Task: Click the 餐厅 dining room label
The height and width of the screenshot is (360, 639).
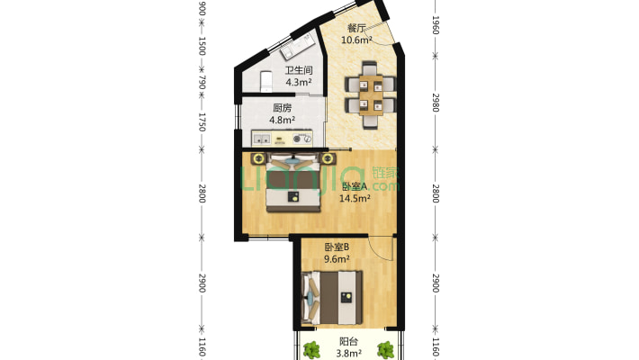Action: tap(356, 28)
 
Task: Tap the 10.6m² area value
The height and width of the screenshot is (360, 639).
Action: tap(356, 40)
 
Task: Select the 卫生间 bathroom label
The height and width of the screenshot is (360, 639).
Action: tap(298, 70)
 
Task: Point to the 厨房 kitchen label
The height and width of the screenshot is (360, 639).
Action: tap(282, 108)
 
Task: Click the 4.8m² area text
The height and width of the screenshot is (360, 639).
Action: tap(283, 121)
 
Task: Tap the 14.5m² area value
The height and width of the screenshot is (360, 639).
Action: tap(355, 199)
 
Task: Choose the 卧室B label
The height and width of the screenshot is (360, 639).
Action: tap(337, 247)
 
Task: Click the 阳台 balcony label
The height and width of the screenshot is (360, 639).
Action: tap(349, 342)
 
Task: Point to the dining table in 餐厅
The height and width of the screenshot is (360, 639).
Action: tap(371, 95)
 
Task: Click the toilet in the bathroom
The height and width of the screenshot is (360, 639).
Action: tap(266, 82)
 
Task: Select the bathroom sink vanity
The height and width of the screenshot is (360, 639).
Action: tap(298, 47)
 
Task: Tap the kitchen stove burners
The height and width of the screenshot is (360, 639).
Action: tap(302, 139)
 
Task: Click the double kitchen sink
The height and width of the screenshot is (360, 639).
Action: tap(261, 139)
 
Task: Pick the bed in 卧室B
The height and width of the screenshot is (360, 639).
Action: tap(332, 298)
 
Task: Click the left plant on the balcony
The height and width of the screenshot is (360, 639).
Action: tap(311, 350)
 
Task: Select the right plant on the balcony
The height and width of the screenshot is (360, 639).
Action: tap(385, 350)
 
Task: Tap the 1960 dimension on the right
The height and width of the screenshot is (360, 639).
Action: tap(436, 25)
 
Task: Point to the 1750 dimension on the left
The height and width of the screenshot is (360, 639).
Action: tap(202, 122)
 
